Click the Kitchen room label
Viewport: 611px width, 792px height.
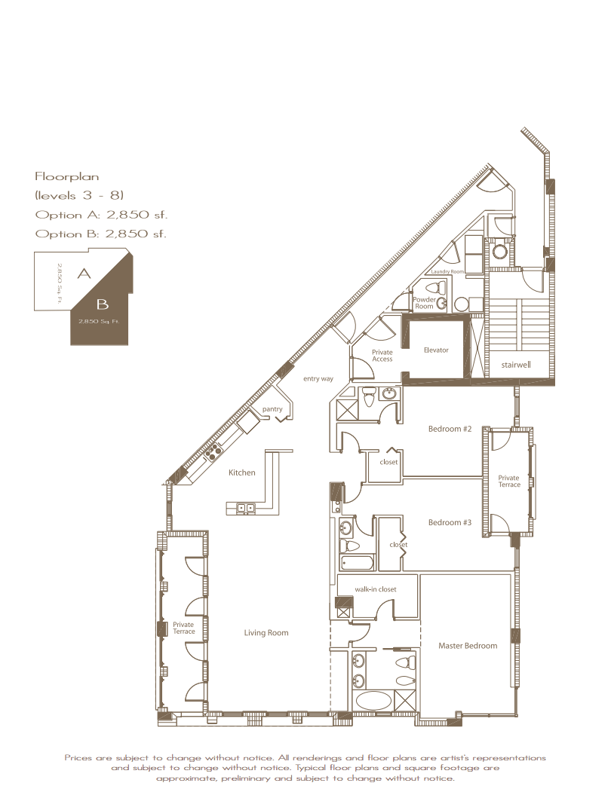(x=242, y=472)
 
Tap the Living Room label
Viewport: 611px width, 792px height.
(x=266, y=633)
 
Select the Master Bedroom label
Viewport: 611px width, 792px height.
(x=468, y=646)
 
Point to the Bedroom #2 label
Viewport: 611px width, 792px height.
(x=450, y=429)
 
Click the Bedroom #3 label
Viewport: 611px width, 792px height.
(x=450, y=522)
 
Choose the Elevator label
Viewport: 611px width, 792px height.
(x=436, y=350)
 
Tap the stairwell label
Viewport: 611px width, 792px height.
(x=516, y=365)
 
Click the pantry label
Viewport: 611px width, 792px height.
(x=272, y=409)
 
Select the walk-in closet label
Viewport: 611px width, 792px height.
(x=376, y=589)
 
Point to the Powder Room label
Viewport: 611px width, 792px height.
(x=425, y=302)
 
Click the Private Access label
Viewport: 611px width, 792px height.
(x=382, y=356)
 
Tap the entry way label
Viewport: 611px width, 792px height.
(x=318, y=379)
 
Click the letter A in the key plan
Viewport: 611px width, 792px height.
(x=84, y=274)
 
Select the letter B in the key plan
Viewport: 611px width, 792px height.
(x=102, y=304)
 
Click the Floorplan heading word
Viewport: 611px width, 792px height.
(x=67, y=177)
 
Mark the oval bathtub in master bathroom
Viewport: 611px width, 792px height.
(x=374, y=701)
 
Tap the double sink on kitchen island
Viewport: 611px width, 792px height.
(x=246, y=508)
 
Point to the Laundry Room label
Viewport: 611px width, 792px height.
(x=447, y=272)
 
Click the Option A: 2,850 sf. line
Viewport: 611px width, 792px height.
(x=101, y=215)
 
